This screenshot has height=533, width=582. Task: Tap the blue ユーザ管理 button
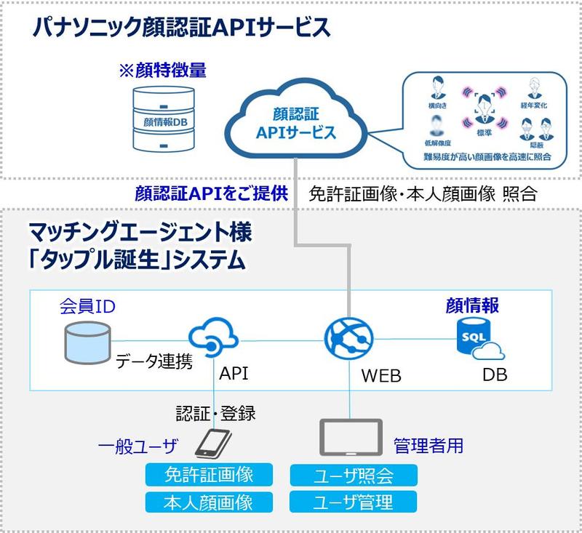coord(354,502)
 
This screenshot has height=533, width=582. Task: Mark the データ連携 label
coord(154,361)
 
